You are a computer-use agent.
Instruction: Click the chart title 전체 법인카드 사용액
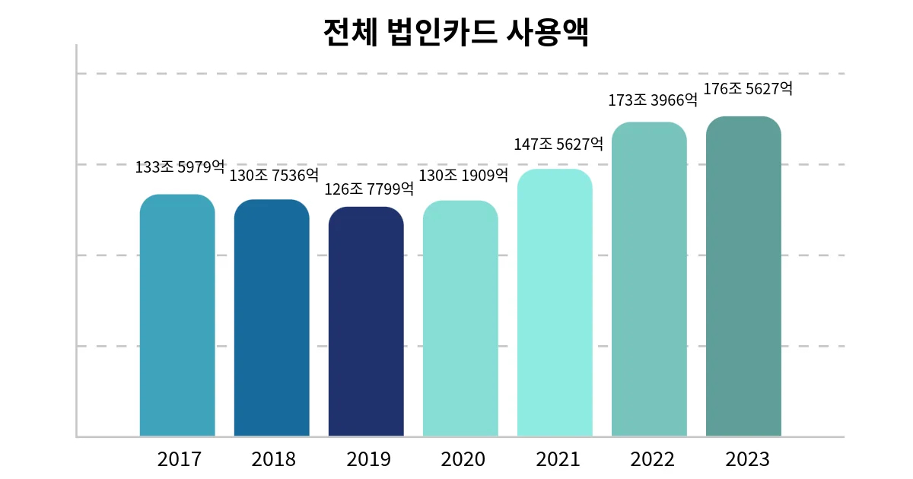(x=456, y=31)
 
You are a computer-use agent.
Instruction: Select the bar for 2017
(x=177, y=316)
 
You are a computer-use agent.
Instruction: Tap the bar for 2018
(x=272, y=318)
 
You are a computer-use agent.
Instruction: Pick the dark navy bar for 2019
(x=366, y=322)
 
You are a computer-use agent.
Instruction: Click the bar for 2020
(x=460, y=319)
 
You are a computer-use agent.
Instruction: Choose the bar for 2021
(x=555, y=303)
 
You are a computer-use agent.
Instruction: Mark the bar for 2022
(x=649, y=279)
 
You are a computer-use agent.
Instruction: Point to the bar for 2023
(x=743, y=276)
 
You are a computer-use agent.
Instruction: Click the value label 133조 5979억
(x=180, y=167)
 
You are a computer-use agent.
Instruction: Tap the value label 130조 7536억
(x=274, y=176)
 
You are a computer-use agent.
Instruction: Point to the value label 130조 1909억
(x=463, y=176)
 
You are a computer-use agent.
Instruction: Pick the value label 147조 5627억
(x=558, y=144)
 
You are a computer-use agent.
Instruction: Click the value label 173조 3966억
(x=653, y=99)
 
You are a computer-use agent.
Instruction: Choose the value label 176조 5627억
(x=747, y=89)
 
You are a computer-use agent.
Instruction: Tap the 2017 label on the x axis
(x=179, y=459)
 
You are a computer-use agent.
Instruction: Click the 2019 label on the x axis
(x=368, y=459)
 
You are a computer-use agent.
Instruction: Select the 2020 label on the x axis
(x=463, y=459)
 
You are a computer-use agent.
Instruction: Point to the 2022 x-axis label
(x=652, y=459)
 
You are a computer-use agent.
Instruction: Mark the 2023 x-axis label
(x=747, y=459)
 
